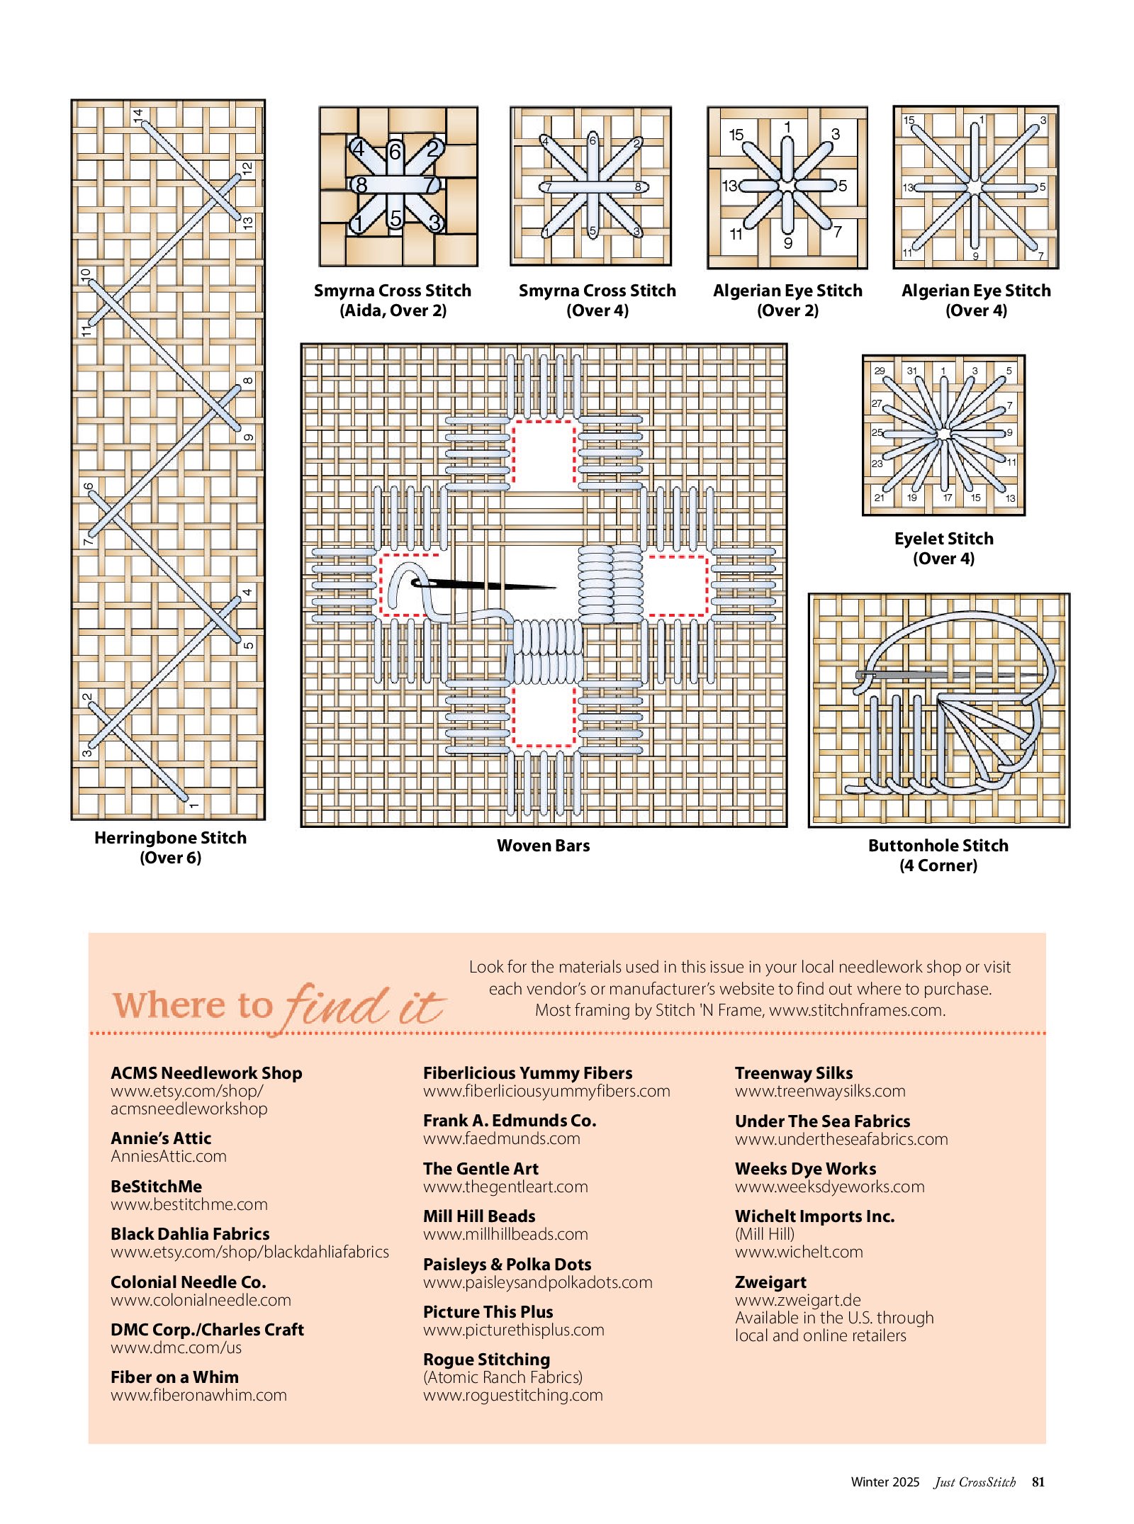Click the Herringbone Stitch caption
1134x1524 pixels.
[170, 847]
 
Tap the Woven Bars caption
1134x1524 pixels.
[543, 845]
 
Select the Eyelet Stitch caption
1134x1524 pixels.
[943, 548]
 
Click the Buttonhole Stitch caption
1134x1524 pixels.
[938, 855]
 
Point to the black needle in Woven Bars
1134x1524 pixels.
[489, 585]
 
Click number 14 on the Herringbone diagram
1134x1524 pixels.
[138, 114]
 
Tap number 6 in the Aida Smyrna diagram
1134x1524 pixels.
[395, 151]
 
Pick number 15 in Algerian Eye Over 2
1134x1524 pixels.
[736, 135]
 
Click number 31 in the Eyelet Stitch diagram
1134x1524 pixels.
[911, 371]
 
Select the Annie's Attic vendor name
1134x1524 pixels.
[161, 1138]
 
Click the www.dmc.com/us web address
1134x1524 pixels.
[176, 1347]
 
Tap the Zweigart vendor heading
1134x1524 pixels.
[770, 1282]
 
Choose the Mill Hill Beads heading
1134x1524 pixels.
[479, 1216]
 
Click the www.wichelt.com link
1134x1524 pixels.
[799, 1251]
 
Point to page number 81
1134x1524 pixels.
[1038, 1481]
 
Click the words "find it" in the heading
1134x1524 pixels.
[365, 1005]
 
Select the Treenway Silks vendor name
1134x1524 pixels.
[794, 1072]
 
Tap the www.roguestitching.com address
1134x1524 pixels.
[513, 1394]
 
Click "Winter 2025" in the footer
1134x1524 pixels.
[885, 1481]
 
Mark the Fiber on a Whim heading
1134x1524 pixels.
[174, 1377]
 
